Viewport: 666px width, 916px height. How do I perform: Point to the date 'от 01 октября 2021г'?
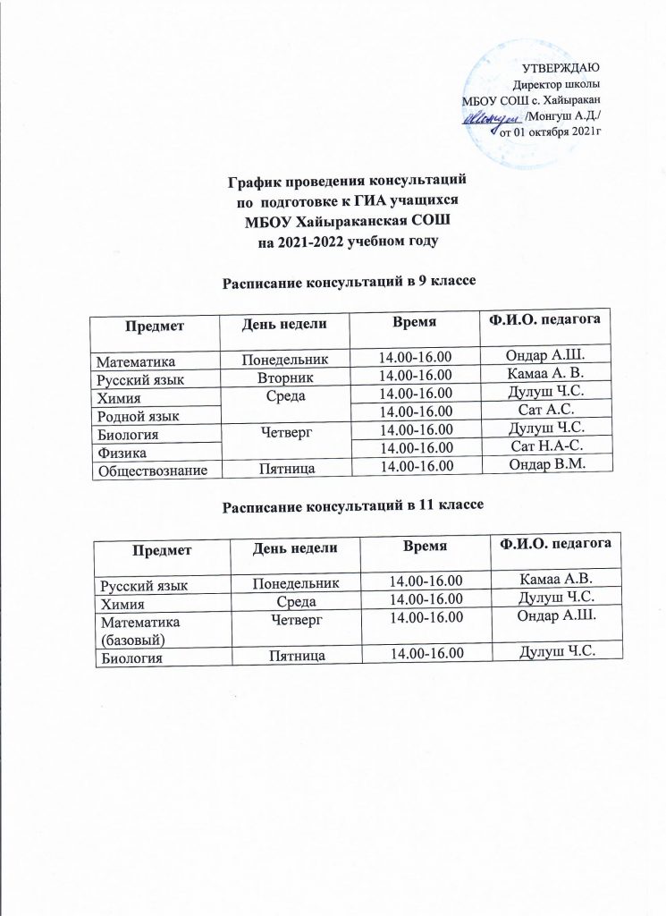[x=549, y=131]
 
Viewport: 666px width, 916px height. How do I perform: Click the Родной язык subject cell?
[x=139, y=414]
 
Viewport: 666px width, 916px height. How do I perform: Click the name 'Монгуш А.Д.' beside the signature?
[x=562, y=115]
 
